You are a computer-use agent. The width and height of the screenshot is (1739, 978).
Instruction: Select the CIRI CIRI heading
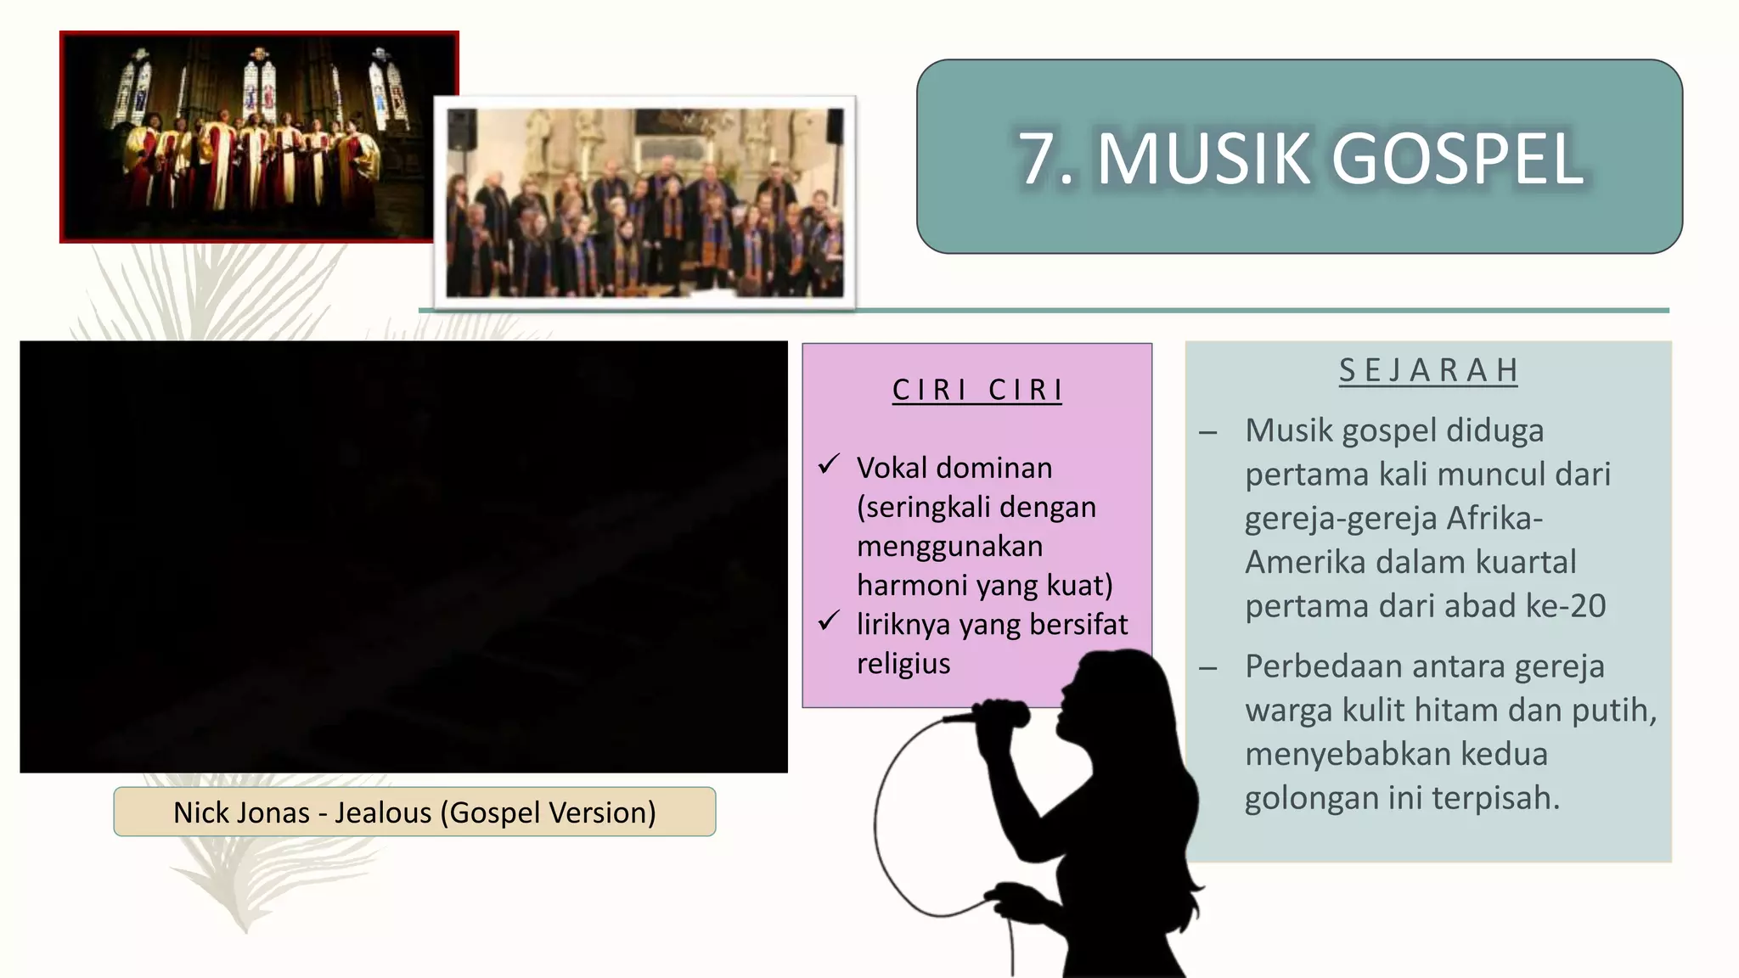point(976,390)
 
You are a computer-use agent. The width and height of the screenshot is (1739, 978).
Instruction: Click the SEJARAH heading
point(1428,371)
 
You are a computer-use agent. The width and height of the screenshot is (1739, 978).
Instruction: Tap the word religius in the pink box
point(903,663)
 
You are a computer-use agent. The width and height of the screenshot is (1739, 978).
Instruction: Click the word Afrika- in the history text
point(1494,518)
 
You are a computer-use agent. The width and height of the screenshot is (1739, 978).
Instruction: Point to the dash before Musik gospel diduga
point(1207,432)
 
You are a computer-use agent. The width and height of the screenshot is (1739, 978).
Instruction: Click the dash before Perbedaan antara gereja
point(1207,668)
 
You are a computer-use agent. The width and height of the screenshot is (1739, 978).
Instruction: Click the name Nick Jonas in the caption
point(241,812)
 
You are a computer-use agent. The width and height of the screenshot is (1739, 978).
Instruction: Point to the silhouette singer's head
point(1112,688)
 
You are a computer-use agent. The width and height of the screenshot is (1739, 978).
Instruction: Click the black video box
point(403,557)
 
